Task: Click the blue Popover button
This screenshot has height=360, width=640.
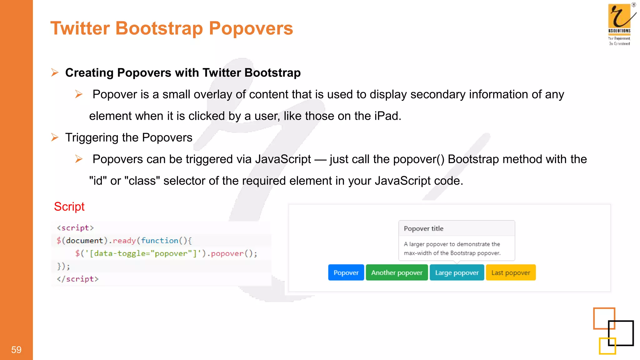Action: click(x=346, y=272)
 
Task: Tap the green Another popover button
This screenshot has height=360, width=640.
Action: click(x=397, y=272)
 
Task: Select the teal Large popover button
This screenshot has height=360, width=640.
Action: click(x=457, y=272)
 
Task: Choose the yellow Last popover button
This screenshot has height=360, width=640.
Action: click(x=511, y=272)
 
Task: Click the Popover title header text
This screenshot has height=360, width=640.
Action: click(x=423, y=228)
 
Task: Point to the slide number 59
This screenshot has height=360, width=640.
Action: click(x=16, y=350)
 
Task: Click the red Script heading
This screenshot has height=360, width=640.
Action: click(x=69, y=207)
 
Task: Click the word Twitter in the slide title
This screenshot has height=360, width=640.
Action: click(x=80, y=28)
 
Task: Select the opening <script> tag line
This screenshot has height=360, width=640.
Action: click(x=75, y=228)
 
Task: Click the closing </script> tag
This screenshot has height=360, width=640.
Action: click(x=77, y=279)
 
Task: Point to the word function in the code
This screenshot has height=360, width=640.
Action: click(x=159, y=241)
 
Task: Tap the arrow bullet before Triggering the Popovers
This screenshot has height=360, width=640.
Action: click(x=55, y=137)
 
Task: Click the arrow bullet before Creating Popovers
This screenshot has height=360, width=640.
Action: click(x=55, y=72)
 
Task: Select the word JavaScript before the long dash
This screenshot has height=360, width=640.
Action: click(x=283, y=159)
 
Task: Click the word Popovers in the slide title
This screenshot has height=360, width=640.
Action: click(x=251, y=28)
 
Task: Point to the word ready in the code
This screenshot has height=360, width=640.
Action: click(x=124, y=241)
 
